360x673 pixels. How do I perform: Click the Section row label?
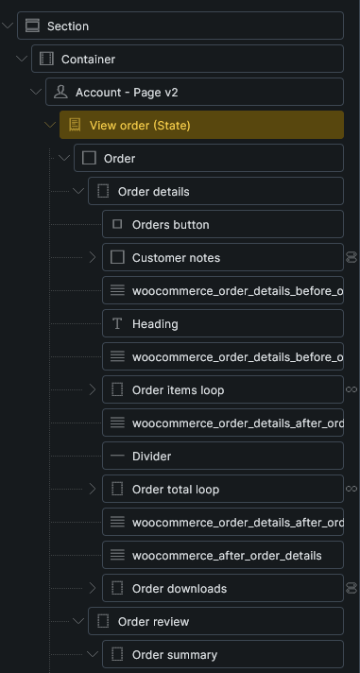68,26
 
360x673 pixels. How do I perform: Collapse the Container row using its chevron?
22,59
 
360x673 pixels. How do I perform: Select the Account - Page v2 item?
127,93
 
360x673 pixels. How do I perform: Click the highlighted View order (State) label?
140,126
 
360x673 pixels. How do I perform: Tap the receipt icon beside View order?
75,125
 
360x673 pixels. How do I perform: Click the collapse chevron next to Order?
64,158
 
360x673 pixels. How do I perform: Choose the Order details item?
154,192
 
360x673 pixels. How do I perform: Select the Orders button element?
171,224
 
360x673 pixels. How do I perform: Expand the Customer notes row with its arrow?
93,257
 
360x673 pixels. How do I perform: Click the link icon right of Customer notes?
351,257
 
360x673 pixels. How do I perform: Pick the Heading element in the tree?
155,323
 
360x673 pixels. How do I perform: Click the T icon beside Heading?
117,323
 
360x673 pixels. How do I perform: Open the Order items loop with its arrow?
93,389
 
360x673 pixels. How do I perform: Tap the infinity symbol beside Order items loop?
351,389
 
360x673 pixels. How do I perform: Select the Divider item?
151,456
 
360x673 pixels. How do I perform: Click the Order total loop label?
176,490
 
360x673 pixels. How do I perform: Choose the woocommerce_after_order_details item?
227,556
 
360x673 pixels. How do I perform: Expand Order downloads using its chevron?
93,588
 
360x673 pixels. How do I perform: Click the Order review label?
153,622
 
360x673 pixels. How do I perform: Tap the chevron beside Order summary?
93,654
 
